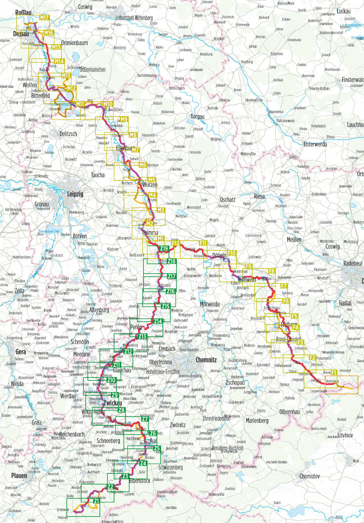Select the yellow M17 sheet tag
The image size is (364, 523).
45,18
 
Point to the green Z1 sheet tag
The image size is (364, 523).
97,502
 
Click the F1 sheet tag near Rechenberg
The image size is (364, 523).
334,373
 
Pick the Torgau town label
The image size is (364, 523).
197,117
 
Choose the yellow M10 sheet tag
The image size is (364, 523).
108,104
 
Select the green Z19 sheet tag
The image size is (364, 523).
164,248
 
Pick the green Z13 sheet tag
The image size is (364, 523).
142,337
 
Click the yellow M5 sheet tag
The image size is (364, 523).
152,180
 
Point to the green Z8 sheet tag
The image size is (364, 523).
121,410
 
